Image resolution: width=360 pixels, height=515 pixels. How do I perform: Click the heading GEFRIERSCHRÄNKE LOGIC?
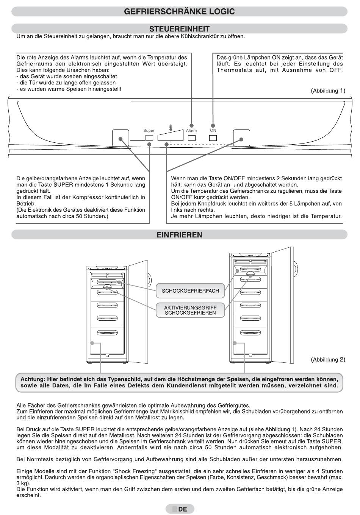(179, 12)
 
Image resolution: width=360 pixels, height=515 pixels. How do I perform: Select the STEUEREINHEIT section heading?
(179, 29)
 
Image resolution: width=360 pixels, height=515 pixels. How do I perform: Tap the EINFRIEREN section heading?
(179, 235)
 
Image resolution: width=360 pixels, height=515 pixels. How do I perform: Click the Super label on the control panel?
(149, 131)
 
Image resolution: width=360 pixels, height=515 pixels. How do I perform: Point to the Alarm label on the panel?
(191, 131)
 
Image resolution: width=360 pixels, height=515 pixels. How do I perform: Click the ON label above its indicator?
(213, 131)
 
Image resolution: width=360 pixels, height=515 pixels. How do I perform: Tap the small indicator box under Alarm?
(192, 138)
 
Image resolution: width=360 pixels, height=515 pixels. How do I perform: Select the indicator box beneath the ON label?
(213, 138)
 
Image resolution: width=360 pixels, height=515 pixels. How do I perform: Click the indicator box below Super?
(149, 138)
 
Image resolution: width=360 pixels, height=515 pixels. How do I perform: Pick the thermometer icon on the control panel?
(171, 128)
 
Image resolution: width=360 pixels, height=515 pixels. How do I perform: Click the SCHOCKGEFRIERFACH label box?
(190, 291)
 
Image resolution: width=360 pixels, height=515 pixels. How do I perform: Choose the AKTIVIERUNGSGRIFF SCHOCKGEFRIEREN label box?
(190, 310)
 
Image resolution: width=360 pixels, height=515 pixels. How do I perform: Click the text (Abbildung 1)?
(328, 91)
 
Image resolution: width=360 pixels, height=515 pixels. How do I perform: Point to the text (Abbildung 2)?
(328, 359)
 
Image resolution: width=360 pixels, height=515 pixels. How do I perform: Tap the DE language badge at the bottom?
(180, 509)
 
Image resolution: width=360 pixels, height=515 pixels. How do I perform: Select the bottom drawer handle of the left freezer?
(107, 332)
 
